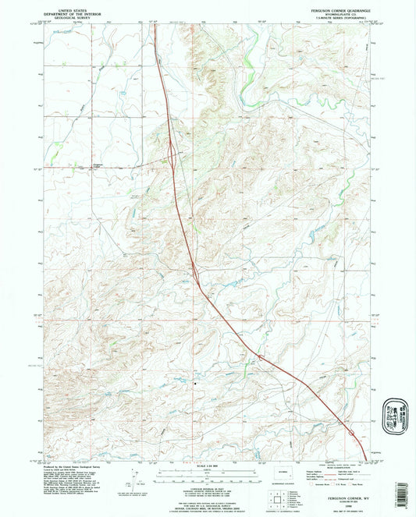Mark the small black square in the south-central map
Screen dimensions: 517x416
point(195,382)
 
